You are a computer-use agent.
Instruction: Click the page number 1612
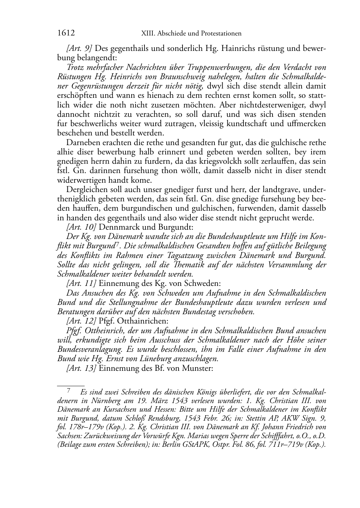tap(66, 33)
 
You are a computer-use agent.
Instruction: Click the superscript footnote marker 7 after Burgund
tap(117, 245)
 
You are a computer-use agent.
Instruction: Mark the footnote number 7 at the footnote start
tap(69, 390)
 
